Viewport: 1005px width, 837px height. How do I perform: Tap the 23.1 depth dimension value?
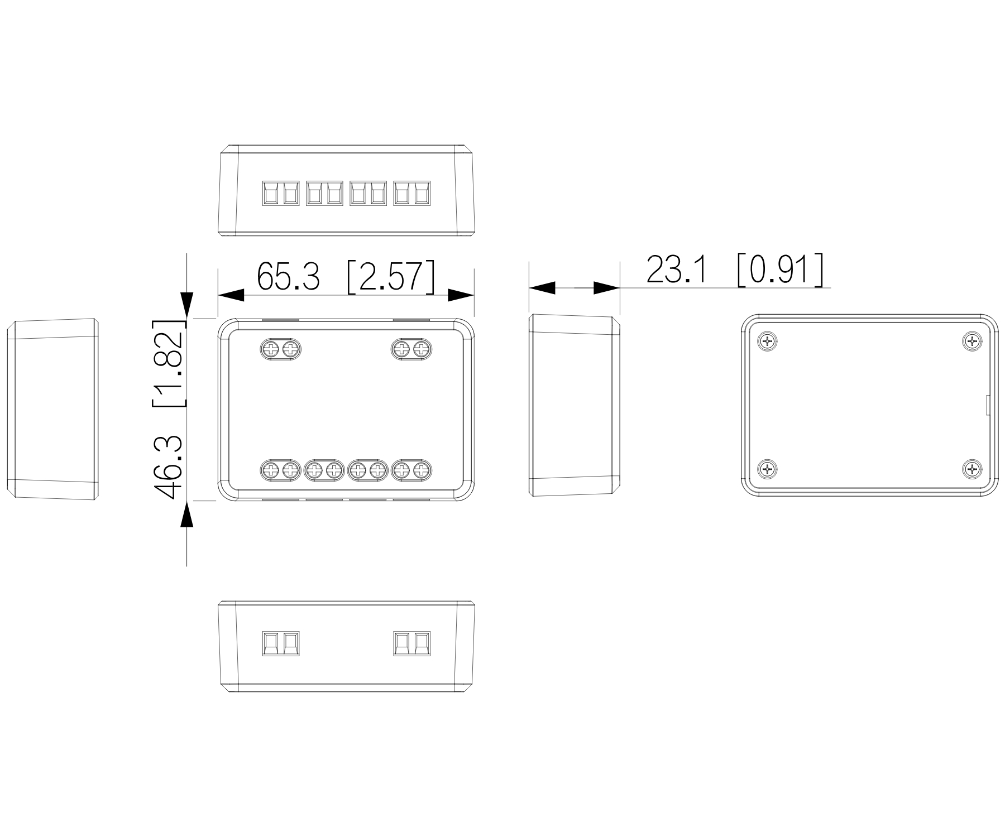pyautogui.click(x=676, y=270)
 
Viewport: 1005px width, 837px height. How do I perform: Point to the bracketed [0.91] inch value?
pyautogui.click(x=780, y=270)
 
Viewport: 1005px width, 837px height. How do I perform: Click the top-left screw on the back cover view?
pyautogui.click(x=768, y=341)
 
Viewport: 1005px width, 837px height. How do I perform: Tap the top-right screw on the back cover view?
pyautogui.click(x=973, y=341)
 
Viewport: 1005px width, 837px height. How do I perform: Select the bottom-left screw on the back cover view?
pyautogui.click(x=768, y=469)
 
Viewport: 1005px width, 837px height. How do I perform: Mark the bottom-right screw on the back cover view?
pyautogui.click(x=973, y=469)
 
